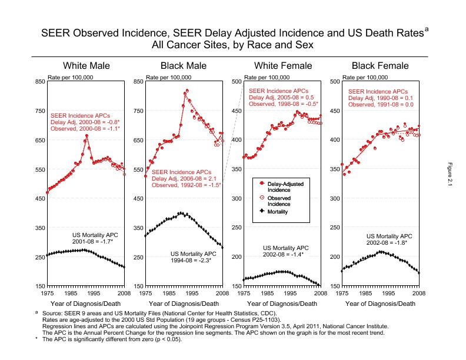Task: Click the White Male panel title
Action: point(86,65)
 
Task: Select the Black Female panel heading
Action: point(380,65)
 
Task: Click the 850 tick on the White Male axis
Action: point(39,81)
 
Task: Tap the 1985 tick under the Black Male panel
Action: point(169,292)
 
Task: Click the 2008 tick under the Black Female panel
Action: point(419,292)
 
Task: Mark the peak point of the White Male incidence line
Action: point(86,135)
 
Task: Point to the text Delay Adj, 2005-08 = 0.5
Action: point(281,98)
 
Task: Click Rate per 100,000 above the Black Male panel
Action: point(169,77)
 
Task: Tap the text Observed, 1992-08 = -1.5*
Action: point(187,185)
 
